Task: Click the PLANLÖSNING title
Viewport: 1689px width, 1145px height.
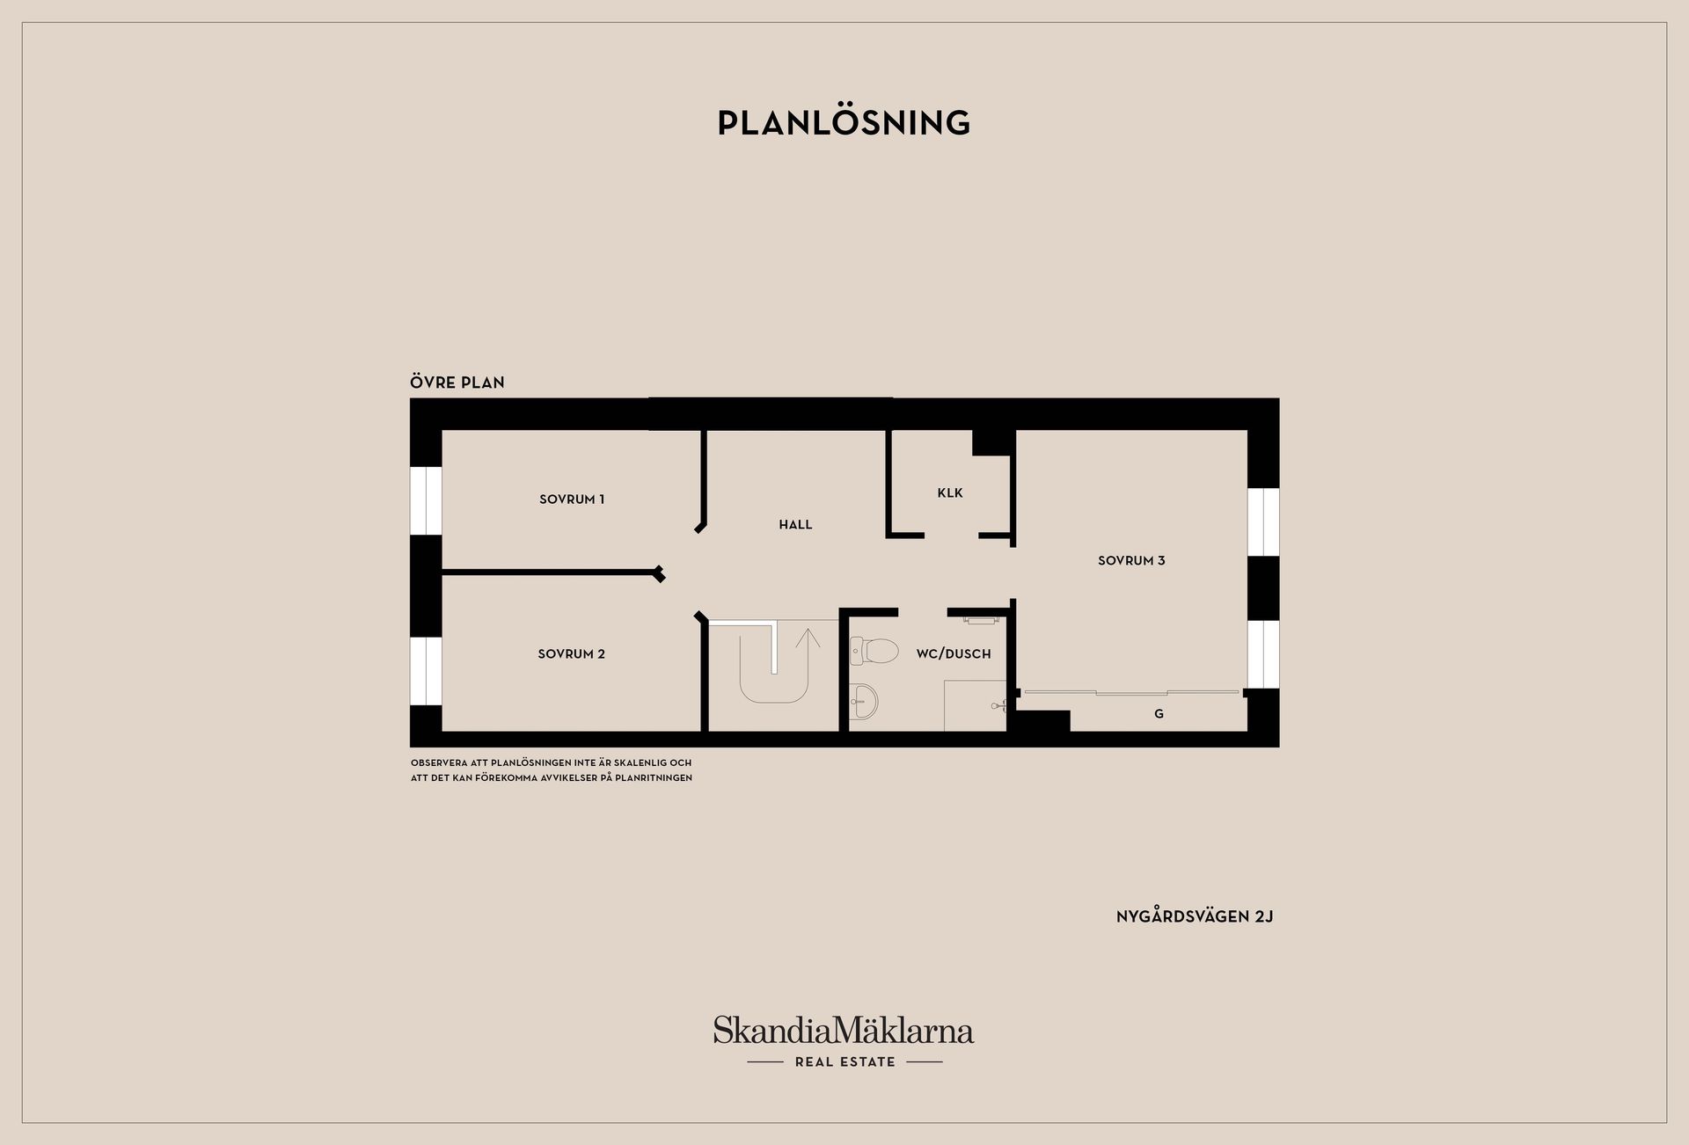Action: click(x=844, y=123)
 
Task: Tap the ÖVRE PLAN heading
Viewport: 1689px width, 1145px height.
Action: click(x=457, y=382)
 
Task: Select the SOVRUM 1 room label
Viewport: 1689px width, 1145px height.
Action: click(x=572, y=500)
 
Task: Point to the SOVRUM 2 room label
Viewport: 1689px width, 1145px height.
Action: click(x=572, y=654)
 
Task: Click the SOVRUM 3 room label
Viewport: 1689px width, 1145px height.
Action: click(x=1131, y=561)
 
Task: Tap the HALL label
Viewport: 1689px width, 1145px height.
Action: click(x=795, y=525)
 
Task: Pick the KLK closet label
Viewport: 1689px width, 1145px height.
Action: click(x=950, y=493)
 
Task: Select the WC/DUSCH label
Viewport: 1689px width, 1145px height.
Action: click(x=954, y=654)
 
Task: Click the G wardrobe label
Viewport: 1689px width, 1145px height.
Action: click(x=1159, y=714)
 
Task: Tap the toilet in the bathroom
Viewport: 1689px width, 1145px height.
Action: click(x=874, y=651)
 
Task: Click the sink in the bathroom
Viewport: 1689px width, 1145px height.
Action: click(x=864, y=701)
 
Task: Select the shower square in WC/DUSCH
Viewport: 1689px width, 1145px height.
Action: click(x=975, y=705)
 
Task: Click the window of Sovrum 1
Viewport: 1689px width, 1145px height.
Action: click(x=426, y=500)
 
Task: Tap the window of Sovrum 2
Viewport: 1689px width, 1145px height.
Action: click(x=426, y=671)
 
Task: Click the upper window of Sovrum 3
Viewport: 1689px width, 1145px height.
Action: click(x=1263, y=521)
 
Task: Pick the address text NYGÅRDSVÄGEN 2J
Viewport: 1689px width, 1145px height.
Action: click(x=1195, y=916)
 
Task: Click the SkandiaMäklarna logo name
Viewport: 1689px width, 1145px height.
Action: click(x=844, y=1030)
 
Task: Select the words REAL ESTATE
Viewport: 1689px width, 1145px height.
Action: click(x=844, y=1062)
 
